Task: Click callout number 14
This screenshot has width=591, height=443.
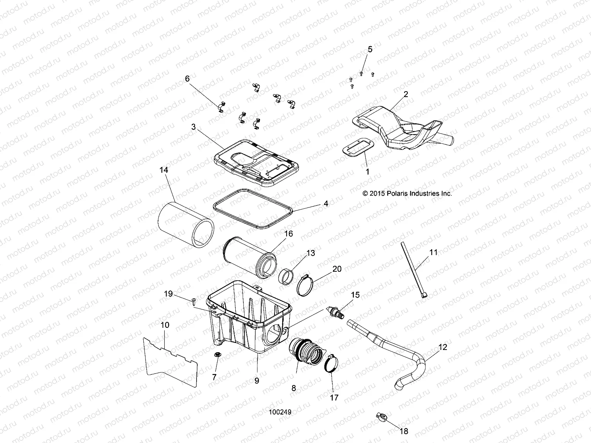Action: coord(164,170)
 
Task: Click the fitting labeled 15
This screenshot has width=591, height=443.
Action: coord(337,311)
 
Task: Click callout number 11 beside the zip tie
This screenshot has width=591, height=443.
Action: coord(433,253)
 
